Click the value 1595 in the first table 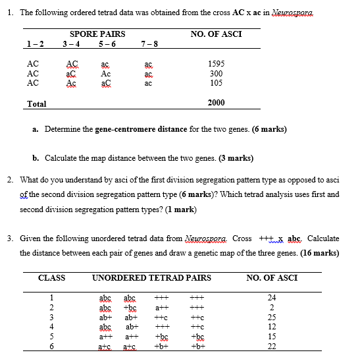click(x=216, y=64)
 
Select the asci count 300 click(x=216, y=74)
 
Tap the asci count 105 click(x=216, y=83)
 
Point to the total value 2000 click(x=216, y=103)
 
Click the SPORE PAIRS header click(x=93, y=34)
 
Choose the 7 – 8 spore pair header click(x=149, y=44)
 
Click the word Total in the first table click(x=36, y=103)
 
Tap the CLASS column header click(x=51, y=278)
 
